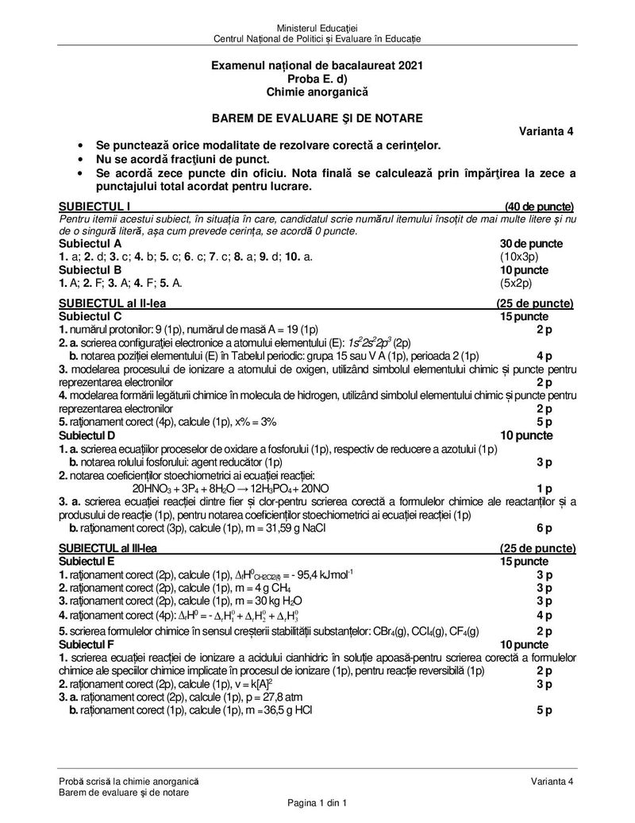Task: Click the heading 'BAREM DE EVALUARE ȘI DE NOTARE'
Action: click(317, 118)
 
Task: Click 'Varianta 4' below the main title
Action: click(547, 132)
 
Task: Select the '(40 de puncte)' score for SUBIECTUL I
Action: click(539, 207)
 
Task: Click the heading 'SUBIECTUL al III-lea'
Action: click(109, 548)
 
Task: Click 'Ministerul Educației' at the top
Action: click(317, 29)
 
